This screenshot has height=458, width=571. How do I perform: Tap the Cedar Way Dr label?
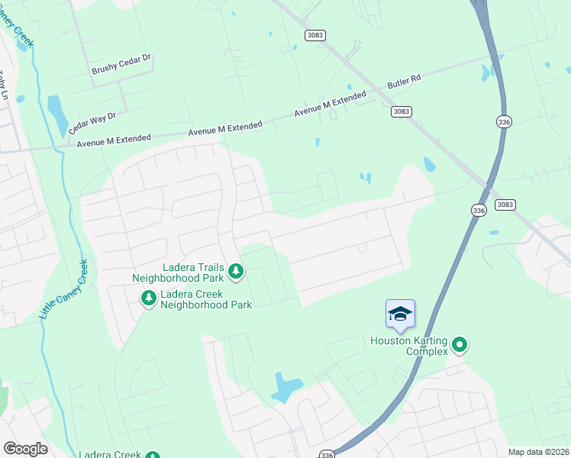(92, 122)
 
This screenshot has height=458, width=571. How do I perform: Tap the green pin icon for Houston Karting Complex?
(460, 346)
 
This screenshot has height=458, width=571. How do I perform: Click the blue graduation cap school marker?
(401, 314)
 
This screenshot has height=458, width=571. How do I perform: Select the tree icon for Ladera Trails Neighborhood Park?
(237, 270)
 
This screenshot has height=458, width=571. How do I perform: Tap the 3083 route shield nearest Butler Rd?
(402, 111)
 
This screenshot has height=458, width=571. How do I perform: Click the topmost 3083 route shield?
(315, 35)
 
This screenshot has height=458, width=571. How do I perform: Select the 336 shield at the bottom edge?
(327, 453)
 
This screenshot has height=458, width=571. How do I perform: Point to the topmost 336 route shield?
(504, 122)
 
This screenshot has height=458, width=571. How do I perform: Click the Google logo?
(25, 449)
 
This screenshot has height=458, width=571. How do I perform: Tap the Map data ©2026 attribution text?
(538, 452)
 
